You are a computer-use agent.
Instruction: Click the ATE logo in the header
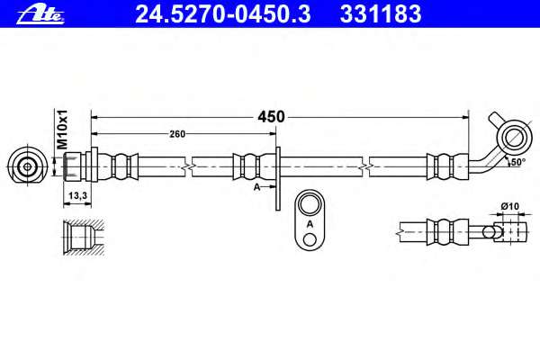(x=40, y=15)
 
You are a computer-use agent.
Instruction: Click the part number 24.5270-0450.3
(x=223, y=14)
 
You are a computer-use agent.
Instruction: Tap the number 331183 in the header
(x=381, y=14)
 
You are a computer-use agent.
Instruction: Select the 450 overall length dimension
(x=271, y=117)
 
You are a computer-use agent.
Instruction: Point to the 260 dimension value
(x=177, y=134)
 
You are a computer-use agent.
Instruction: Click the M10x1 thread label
(x=62, y=130)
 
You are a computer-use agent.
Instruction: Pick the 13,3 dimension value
(x=77, y=195)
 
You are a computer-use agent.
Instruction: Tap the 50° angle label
(x=518, y=162)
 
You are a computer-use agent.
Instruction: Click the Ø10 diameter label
(x=510, y=206)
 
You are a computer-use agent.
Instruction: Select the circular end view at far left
(x=27, y=166)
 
